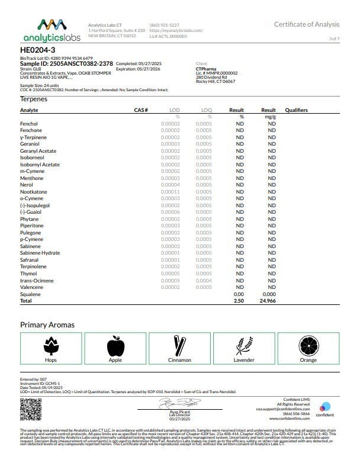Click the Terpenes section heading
34,99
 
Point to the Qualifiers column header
296,110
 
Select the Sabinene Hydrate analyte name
40,253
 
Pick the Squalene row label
31,294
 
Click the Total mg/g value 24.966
269,301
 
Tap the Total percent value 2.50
239,301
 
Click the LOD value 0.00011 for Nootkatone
171,192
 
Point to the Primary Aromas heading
47,324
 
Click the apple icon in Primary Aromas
115,346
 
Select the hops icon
51,346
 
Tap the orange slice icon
308,346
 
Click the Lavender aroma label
244,360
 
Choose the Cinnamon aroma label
179,360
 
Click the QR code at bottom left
29,409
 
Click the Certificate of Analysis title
307,24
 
